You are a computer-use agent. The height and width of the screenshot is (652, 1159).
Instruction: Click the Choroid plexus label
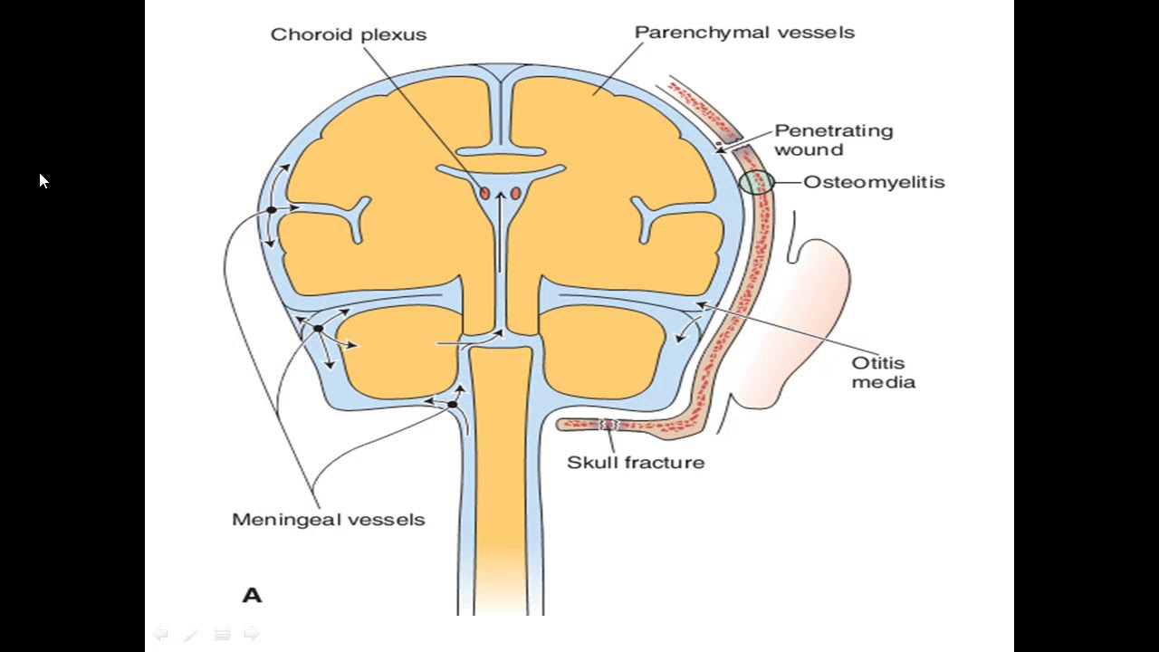(349, 34)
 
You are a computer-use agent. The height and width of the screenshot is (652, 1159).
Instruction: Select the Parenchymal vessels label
(744, 33)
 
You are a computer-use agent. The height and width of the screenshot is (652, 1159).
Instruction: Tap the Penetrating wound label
(833, 140)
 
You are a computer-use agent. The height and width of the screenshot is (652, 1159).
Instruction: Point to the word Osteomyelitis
(874, 182)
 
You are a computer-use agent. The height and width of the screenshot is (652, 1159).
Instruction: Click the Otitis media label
(883, 372)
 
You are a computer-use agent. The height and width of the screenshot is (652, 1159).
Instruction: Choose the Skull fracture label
(636, 462)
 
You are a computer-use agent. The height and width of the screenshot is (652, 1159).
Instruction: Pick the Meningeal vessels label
(328, 520)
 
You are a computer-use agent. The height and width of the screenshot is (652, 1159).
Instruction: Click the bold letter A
(252, 595)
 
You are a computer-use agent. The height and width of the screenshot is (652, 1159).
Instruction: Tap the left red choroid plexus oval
(485, 193)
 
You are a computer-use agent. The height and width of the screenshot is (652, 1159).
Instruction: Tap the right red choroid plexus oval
(515, 193)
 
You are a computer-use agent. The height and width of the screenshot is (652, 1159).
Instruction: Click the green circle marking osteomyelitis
(756, 182)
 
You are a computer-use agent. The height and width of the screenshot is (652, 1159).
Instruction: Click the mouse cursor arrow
(43, 181)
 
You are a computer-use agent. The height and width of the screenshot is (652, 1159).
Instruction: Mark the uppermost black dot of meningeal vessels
(271, 210)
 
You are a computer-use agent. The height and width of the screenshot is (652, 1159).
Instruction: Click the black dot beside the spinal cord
(452, 404)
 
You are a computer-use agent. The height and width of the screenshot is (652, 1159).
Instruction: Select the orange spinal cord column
(500, 453)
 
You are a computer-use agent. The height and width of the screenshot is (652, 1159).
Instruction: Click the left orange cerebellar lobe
(398, 353)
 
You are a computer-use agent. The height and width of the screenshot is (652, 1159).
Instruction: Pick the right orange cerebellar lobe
(602, 353)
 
